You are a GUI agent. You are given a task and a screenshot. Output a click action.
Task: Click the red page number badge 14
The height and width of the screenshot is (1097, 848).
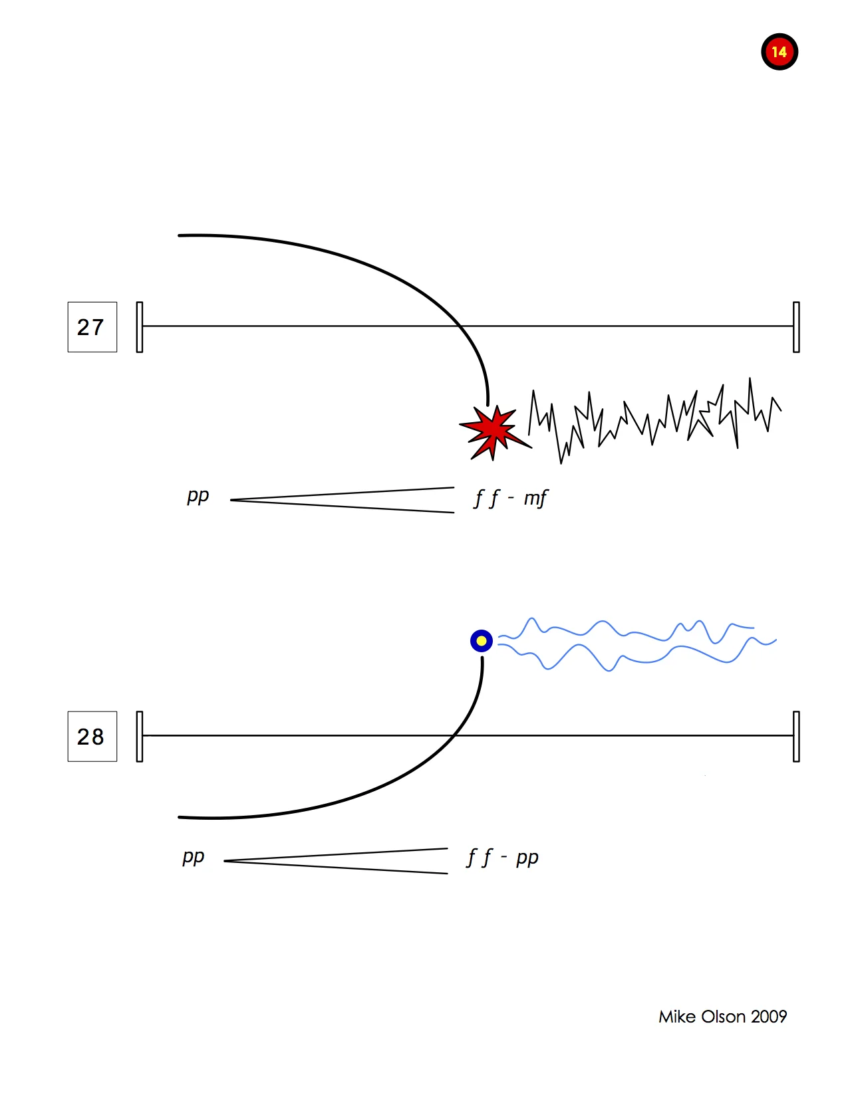779,52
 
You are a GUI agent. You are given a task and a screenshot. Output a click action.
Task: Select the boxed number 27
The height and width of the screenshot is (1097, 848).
92,327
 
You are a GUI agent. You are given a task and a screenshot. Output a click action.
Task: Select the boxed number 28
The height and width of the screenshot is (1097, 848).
92,737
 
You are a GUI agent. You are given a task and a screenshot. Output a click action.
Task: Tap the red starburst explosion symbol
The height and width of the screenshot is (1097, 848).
493,430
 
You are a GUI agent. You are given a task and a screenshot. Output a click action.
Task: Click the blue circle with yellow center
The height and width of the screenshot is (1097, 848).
482,641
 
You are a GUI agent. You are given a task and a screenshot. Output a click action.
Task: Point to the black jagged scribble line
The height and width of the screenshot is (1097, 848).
655,419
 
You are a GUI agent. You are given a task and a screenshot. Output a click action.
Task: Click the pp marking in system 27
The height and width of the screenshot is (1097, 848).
198,496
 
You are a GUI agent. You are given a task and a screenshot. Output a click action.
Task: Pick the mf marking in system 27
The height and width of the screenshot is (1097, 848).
535,498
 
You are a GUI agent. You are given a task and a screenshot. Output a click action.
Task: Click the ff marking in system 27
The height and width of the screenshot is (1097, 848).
486,498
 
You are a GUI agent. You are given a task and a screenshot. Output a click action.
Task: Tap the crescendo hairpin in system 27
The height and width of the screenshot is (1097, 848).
343,500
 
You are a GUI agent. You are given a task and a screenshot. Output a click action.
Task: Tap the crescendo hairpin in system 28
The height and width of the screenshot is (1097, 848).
336,861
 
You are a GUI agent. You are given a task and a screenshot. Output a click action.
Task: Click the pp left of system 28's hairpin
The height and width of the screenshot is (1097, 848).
194,857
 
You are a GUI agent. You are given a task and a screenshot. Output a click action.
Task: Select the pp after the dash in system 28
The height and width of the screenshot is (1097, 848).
527,858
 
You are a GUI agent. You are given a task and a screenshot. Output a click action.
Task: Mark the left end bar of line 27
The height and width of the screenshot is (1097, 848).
140,327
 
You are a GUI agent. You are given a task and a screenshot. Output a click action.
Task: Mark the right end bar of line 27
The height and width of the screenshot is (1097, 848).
796,327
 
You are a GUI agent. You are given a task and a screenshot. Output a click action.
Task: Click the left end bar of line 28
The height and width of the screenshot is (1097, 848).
140,737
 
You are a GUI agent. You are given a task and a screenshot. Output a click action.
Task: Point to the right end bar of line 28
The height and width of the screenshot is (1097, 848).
796,737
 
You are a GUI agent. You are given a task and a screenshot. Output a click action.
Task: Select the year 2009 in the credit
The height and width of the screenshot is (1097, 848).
769,1017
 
